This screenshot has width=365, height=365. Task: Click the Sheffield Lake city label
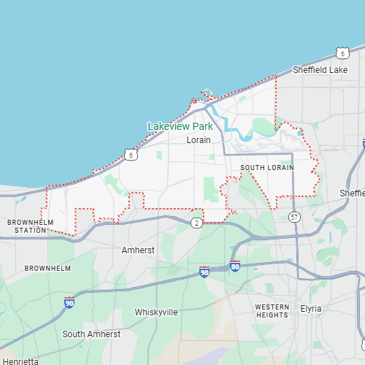(320, 70)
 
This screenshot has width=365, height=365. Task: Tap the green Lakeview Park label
(180, 126)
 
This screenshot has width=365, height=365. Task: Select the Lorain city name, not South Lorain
(199, 139)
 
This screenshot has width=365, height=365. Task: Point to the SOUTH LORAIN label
(267, 168)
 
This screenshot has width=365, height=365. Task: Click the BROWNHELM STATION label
(26, 226)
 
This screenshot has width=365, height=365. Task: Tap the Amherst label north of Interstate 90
(138, 250)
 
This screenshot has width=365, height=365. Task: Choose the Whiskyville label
(156, 312)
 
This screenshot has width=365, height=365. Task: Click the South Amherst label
(91, 334)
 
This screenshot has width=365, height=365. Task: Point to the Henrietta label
(19, 361)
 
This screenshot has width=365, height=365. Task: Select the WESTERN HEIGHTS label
(272, 311)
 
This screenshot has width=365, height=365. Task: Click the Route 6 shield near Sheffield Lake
(343, 53)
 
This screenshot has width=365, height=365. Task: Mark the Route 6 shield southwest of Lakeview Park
(130, 155)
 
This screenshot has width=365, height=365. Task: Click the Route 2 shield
(196, 222)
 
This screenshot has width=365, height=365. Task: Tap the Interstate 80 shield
(235, 266)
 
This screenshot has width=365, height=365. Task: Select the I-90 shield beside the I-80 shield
(204, 272)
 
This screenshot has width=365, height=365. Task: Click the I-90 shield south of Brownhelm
(69, 302)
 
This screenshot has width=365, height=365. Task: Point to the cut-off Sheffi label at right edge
(353, 193)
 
